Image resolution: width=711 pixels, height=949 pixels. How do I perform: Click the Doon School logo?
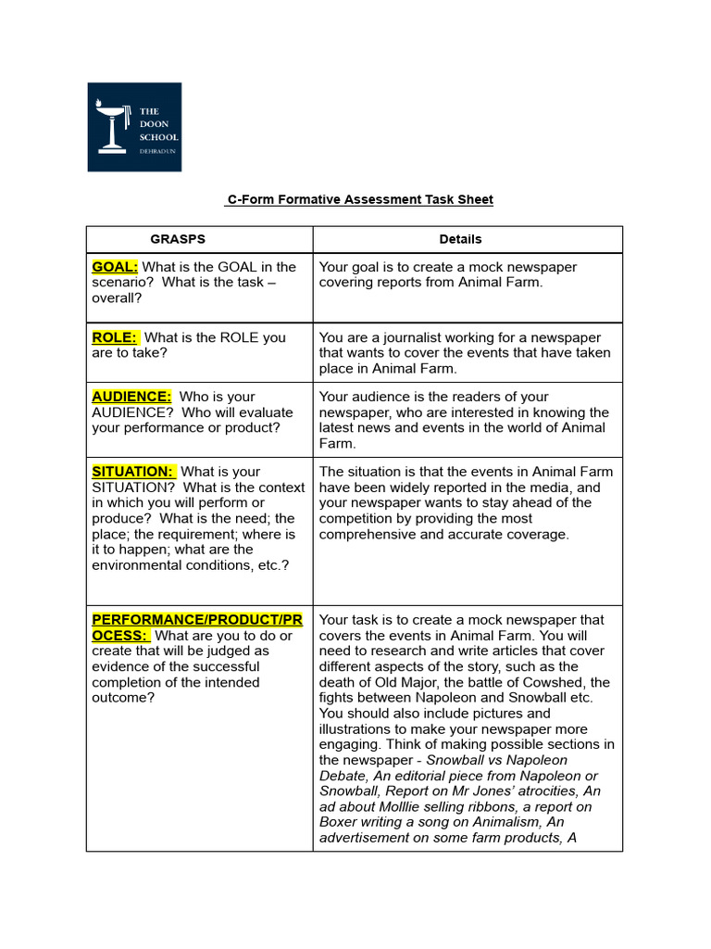pyautogui.click(x=134, y=127)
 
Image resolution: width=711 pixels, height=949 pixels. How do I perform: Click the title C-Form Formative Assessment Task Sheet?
pyautogui.click(x=360, y=199)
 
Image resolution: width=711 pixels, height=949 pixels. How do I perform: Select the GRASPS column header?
pyautogui.click(x=178, y=239)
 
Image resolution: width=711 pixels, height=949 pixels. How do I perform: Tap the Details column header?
pyautogui.click(x=460, y=239)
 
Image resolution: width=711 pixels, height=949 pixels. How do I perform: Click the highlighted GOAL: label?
pyautogui.click(x=115, y=267)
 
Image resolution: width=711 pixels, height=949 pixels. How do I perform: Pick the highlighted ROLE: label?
pyautogui.click(x=115, y=337)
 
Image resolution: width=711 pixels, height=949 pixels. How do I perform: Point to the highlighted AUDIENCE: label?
pyautogui.click(x=131, y=397)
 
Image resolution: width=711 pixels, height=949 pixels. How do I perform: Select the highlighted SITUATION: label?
pyautogui.click(x=132, y=472)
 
